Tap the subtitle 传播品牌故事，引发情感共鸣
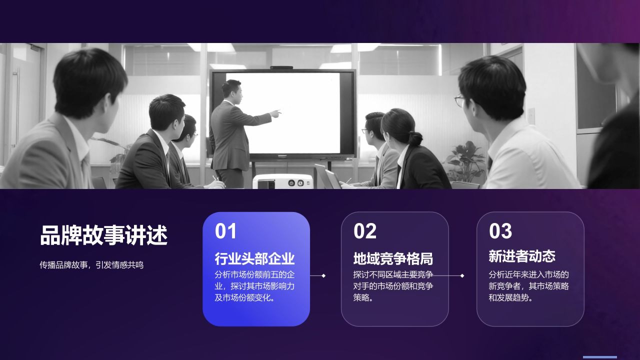[x=91, y=265]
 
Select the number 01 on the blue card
[x=226, y=231]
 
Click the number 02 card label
[x=365, y=231]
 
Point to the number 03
[x=500, y=231]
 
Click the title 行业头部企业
[x=254, y=258]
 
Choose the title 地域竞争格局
[x=393, y=258]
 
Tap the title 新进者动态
[x=522, y=256]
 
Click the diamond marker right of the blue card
[x=323, y=275]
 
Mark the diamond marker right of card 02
[x=462, y=275]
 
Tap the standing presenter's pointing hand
[x=275, y=113]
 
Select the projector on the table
[x=282, y=181]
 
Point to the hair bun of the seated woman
[x=415, y=138]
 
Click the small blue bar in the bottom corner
[x=599, y=357]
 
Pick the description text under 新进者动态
[x=529, y=286]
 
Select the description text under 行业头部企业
[x=254, y=286]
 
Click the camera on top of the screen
[x=281, y=67]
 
